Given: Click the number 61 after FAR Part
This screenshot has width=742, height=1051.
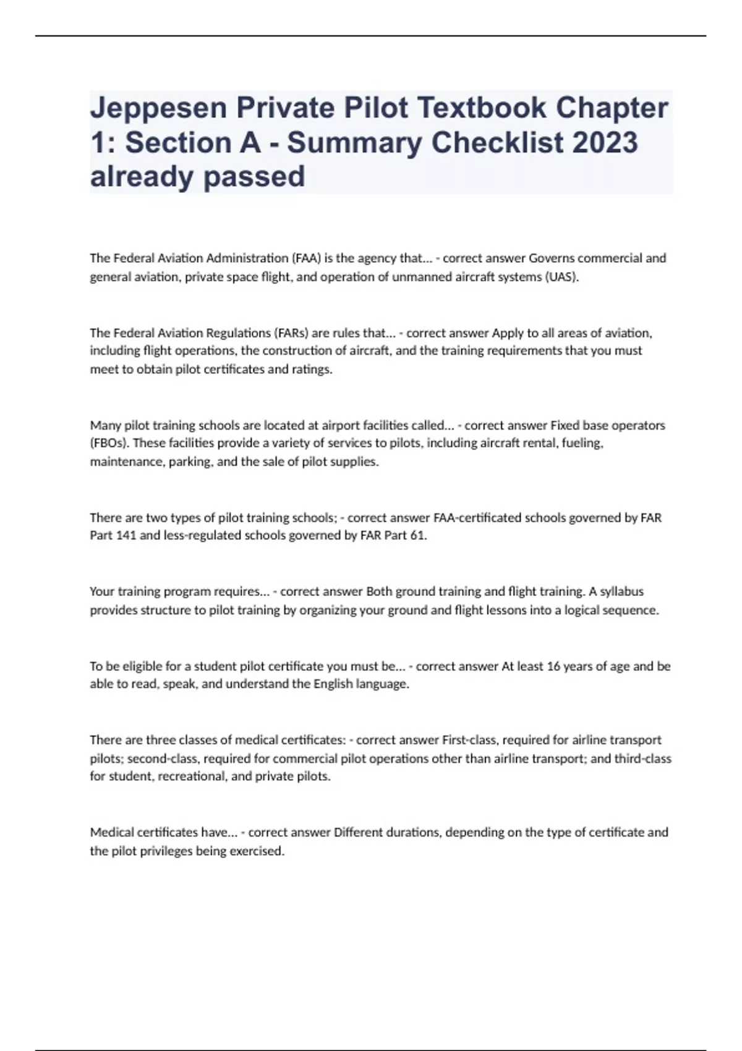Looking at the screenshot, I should tap(418, 535).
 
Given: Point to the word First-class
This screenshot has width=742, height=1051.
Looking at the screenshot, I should tap(470, 739).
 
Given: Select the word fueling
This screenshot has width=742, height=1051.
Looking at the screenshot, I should tap(582, 443).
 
